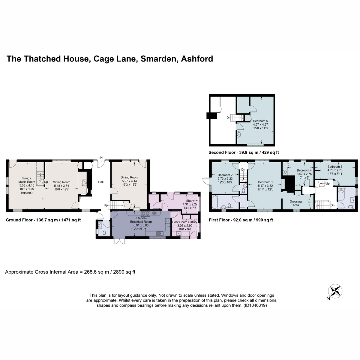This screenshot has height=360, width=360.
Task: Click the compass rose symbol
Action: pos(335,291)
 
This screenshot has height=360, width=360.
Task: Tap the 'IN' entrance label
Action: pos(101,158)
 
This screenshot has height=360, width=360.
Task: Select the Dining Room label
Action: pos(129,177)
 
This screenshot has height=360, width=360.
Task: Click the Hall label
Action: pos(101,182)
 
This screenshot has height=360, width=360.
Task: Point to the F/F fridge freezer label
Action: pos(168,221)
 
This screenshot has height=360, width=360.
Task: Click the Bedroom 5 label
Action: pos(260,121)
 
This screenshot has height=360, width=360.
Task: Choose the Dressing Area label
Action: pos(296,203)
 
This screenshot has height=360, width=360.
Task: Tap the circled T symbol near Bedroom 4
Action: pos(285,172)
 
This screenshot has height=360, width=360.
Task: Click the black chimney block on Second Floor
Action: pos(211,115)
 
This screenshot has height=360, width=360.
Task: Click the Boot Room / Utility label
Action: pos(184,222)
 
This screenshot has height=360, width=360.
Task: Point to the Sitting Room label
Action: pos(61,182)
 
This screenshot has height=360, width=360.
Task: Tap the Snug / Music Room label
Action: pos(27,180)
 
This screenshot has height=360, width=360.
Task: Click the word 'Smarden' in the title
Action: pos(158,59)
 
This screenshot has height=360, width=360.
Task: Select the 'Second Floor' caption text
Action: pos(222,152)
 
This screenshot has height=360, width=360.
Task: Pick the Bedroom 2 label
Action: pos(225,175)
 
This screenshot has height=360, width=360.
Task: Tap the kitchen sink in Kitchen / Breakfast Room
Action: pos(160,233)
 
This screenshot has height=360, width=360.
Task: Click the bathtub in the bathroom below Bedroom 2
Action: pos(214,202)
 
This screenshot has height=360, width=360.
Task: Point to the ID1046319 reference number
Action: pos(255,305)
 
